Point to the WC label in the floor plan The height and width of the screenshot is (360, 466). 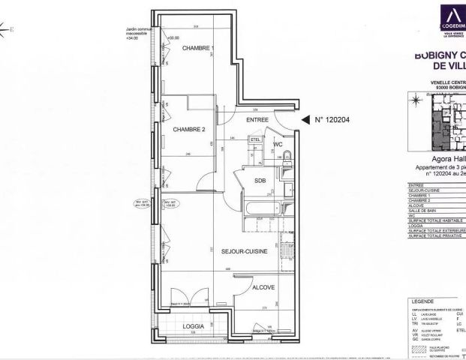(x=277, y=143)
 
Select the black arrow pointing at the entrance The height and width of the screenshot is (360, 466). (x=305, y=119)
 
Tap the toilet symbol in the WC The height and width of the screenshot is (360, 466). (x=288, y=157)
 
